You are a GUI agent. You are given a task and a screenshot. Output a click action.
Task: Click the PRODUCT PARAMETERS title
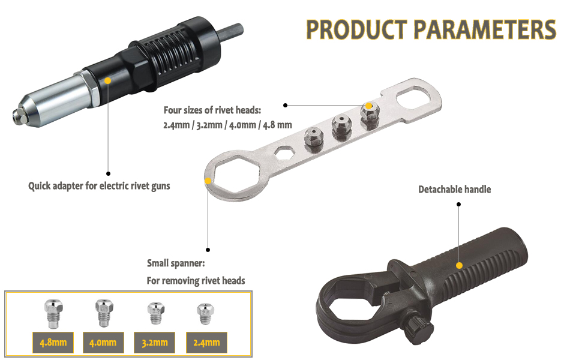click(x=431, y=29)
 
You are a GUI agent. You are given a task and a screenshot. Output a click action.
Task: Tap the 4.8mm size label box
click(x=53, y=342)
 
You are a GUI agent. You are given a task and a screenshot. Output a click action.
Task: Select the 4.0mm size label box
click(x=103, y=342)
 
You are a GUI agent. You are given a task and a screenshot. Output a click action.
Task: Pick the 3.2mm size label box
click(x=154, y=342)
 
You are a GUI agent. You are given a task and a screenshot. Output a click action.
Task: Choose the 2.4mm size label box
click(x=206, y=342)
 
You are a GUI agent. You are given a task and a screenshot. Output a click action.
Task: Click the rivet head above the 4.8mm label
click(x=53, y=313)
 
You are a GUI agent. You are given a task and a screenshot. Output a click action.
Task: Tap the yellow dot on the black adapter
click(x=107, y=80)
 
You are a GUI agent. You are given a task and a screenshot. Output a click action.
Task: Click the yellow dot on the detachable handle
click(x=459, y=265)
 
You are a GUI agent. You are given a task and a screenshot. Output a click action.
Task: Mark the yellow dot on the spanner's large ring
click(x=208, y=181)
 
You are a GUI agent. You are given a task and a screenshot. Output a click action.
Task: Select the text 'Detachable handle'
click(x=454, y=189)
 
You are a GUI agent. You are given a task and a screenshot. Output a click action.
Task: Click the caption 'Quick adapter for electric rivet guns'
click(x=99, y=185)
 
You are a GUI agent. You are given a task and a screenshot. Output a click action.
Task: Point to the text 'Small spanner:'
click(x=176, y=263)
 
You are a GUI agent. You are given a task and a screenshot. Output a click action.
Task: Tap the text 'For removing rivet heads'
click(x=196, y=280)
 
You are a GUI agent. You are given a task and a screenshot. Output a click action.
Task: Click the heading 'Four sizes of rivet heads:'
click(x=212, y=110)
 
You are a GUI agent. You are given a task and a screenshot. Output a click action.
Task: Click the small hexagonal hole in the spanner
click(x=284, y=152)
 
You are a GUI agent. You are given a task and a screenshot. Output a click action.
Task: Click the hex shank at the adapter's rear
click(x=231, y=32)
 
